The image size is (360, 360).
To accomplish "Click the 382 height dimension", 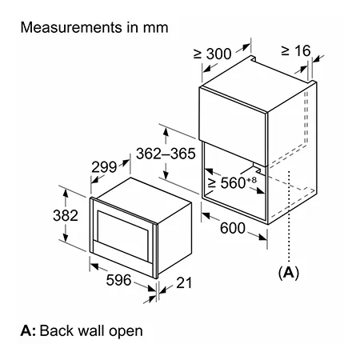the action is point(66,215).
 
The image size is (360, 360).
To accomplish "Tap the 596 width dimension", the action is point(118,280).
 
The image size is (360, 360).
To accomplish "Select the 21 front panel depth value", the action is point(184,283).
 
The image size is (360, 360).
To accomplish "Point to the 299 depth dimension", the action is point(104,167).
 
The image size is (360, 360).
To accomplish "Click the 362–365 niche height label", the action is point(166,154).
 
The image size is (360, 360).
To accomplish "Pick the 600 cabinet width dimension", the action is point(233,228).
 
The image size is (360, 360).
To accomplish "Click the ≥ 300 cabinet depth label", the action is point(213,54).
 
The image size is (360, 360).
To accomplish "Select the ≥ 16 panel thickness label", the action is point(296,50).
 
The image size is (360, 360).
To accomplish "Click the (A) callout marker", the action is point(289,273).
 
